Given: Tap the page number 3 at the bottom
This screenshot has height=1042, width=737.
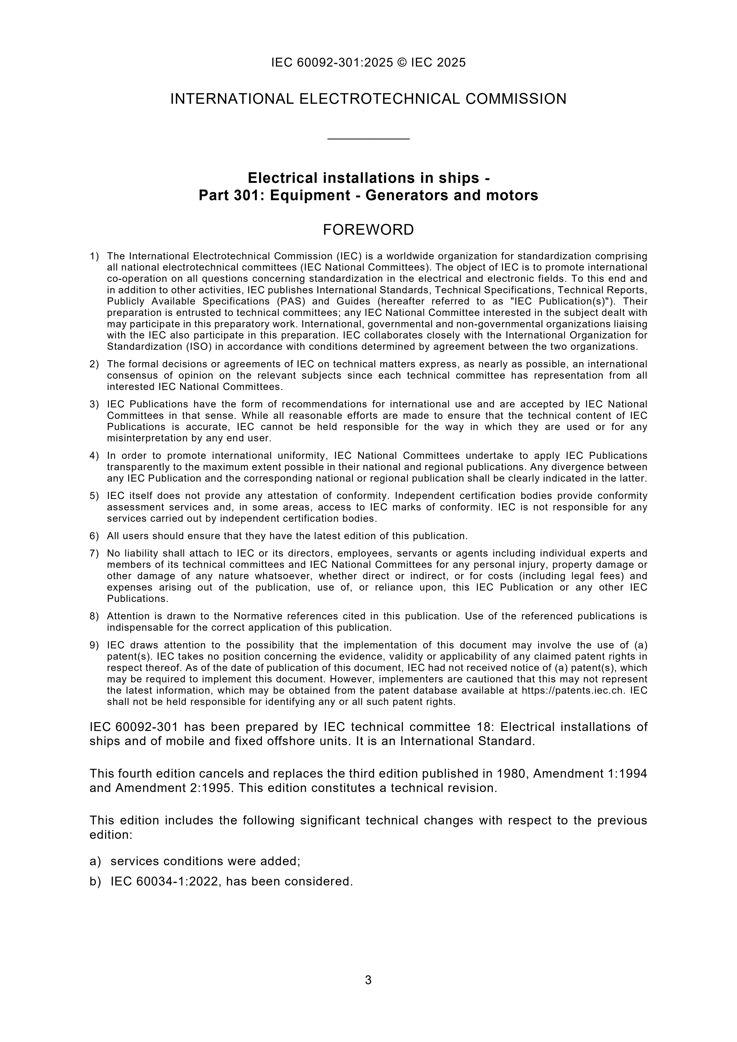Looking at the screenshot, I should tap(368, 980).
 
